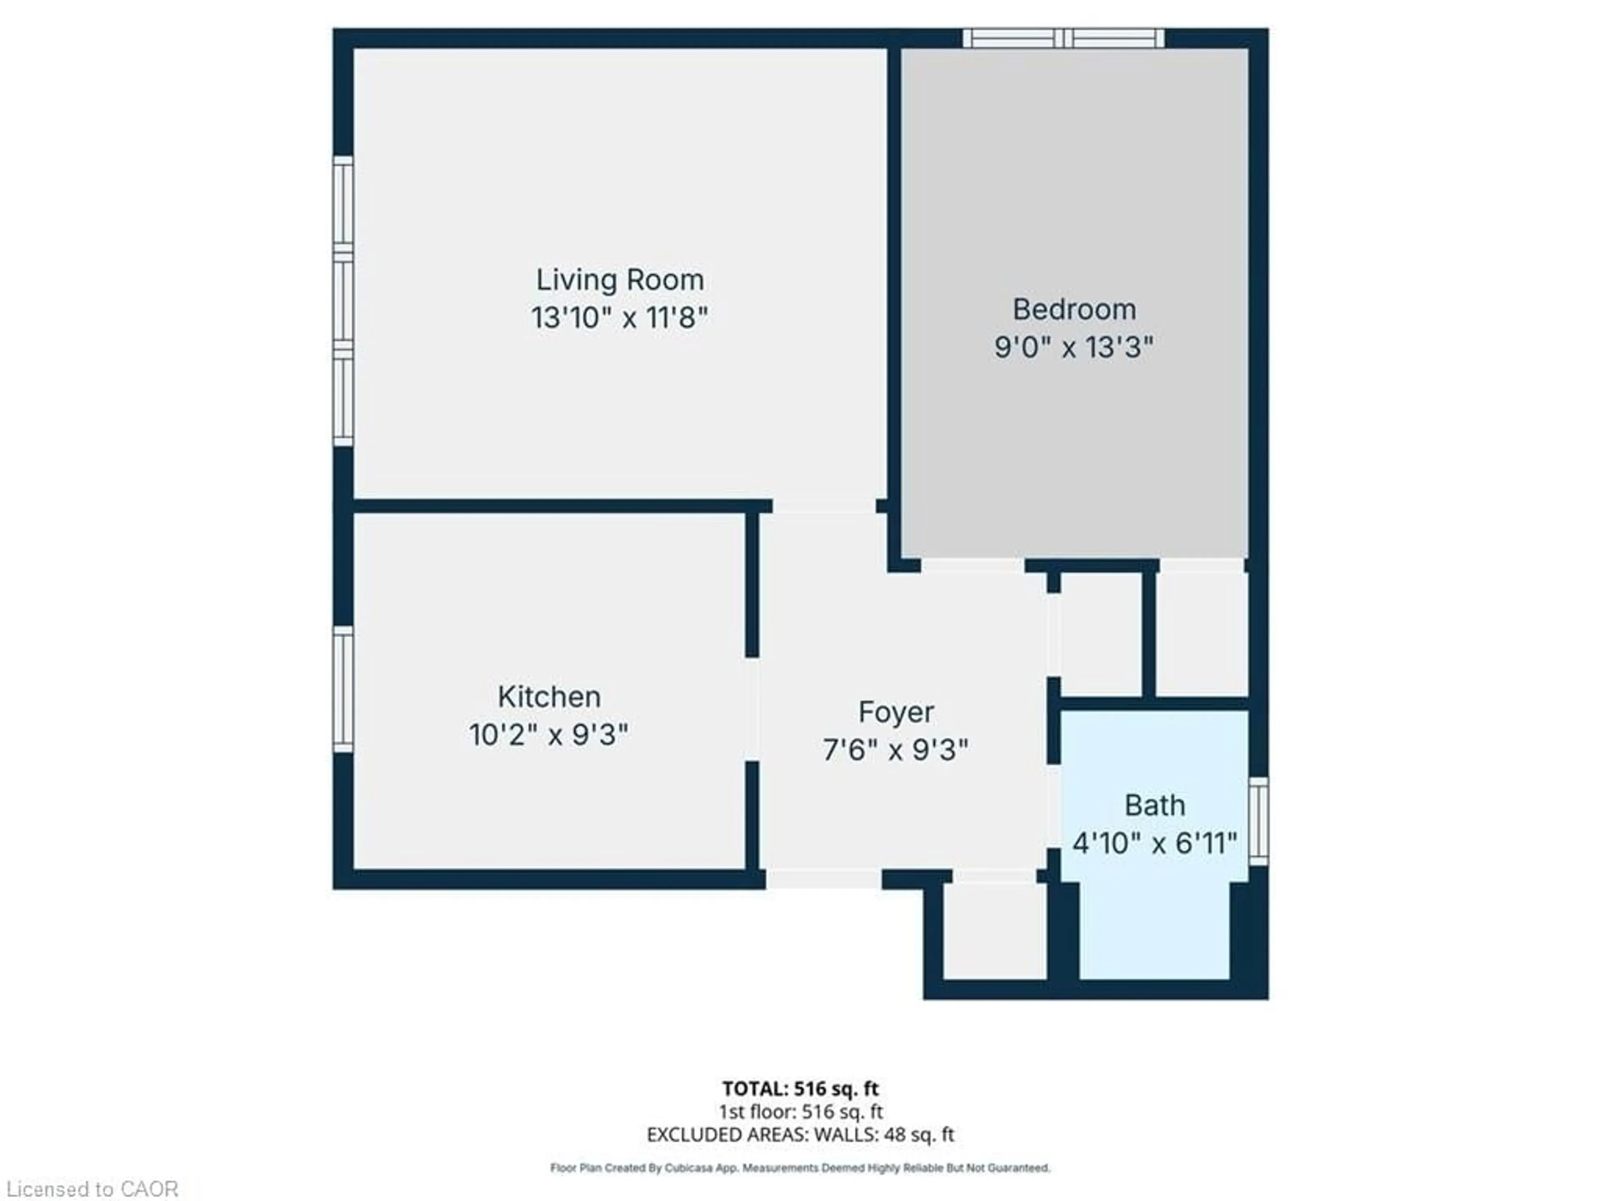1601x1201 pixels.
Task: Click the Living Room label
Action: tap(620, 280)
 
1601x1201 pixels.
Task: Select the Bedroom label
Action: tap(1074, 310)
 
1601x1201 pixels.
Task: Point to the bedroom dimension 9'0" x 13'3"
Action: tap(1074, 347)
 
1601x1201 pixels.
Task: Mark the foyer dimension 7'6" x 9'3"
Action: tap(896, 750)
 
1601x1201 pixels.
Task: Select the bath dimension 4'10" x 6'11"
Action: tap(1154, 843)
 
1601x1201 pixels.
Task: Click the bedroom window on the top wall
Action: tap(1063, 38)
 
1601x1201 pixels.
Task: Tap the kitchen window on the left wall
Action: tap(343, 690)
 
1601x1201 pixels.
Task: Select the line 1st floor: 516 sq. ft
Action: tap(800, 1112)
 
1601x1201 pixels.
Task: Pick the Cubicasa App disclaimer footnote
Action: tap(800, 1168)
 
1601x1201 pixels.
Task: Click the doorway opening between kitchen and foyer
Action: tap(753, 709)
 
